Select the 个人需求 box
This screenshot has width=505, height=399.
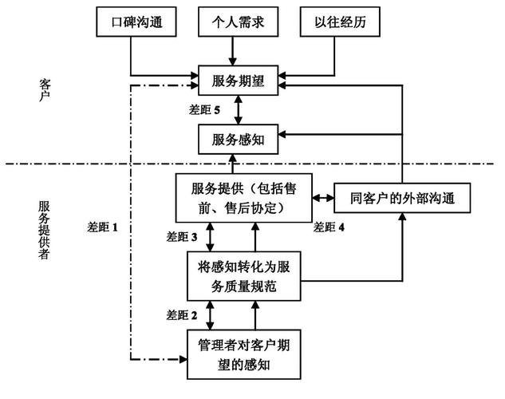[233, 24]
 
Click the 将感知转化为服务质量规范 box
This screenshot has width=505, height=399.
[240, 275]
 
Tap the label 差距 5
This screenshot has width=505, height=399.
[206, 109]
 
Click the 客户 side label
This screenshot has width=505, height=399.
[45, 90]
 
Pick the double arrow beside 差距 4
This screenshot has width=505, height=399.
[322, 197]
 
